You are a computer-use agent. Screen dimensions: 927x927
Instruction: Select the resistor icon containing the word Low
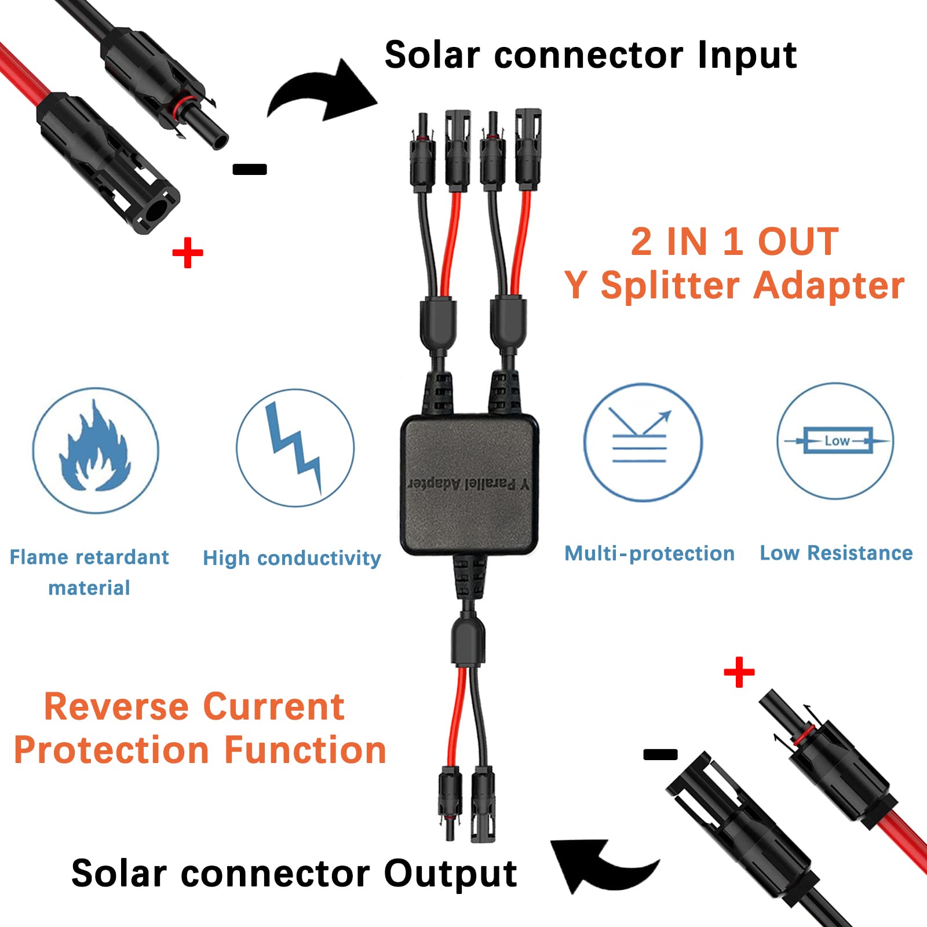click(x=835, y=441)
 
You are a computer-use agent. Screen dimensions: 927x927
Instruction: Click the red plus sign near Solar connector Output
click(x=739, y=672)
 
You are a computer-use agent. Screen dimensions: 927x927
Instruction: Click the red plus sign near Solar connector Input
click(x=188, y=253)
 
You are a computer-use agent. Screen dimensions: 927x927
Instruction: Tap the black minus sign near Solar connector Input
click(x=250, y=169)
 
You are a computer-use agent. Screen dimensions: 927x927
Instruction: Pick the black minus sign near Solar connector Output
click(x=660, y=754)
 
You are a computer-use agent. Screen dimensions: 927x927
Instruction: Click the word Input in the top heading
click(x=747, y=56)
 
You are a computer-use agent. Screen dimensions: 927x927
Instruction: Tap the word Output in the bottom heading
click(x=450, y=874)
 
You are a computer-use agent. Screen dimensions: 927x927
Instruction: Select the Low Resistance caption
click(x=836, y=553)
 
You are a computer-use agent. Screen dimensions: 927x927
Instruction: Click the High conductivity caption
click(x=291, y=558)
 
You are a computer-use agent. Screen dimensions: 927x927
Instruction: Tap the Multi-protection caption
click(x=649, y=554)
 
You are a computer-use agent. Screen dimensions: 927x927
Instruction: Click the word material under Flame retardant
click(x=89, y=588)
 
